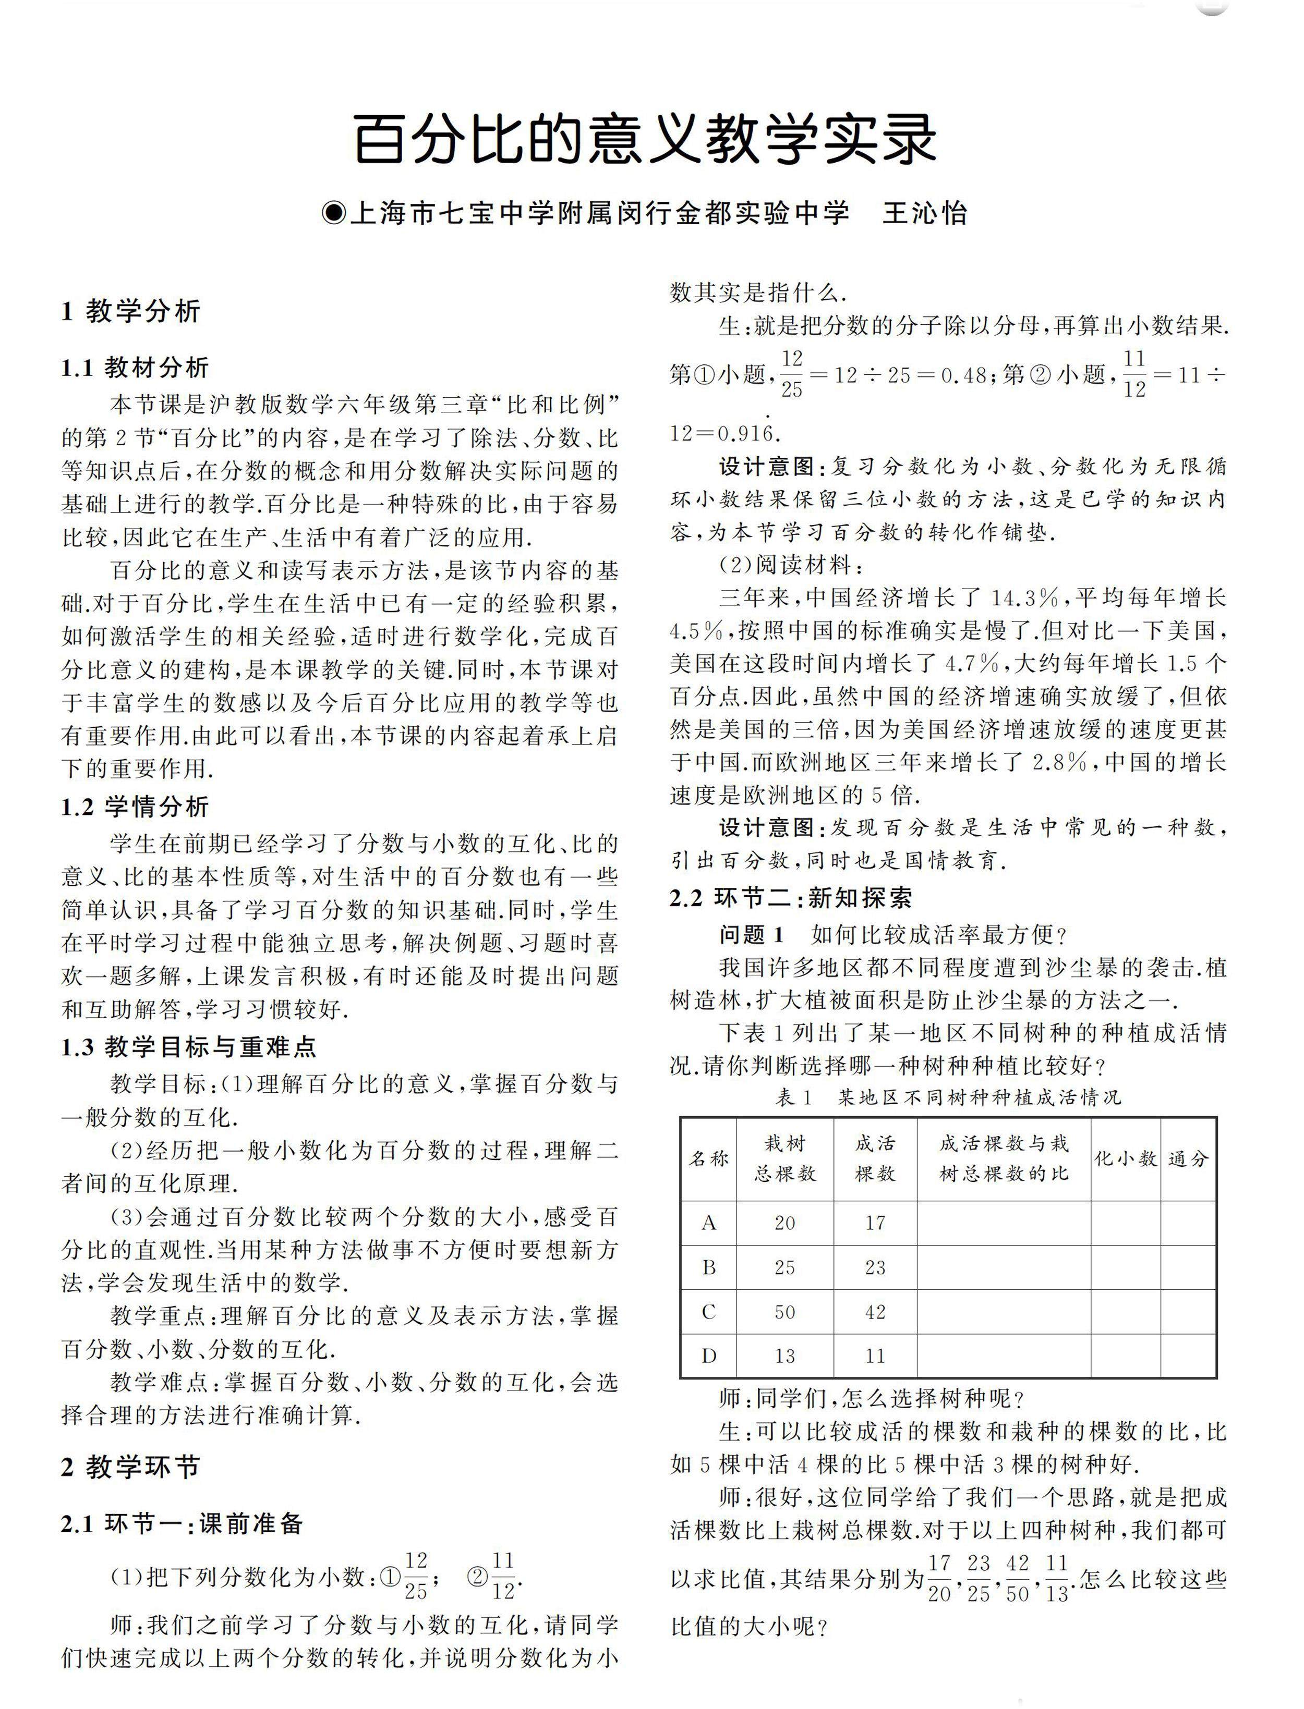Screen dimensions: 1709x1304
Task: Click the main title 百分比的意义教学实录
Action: click(646, 140)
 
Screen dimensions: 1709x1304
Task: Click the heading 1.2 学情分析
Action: click(135, 807)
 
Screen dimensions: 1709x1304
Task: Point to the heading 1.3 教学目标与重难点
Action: click(189, 1047)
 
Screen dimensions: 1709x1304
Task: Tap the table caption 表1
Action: click(793, 1097)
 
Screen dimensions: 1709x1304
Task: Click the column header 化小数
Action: click(1126, 1158)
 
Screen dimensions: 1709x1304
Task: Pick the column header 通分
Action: click(1188, 1158)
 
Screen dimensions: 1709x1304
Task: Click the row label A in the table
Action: click(709, 1224)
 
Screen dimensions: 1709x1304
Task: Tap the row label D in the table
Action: click(709, 1356)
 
